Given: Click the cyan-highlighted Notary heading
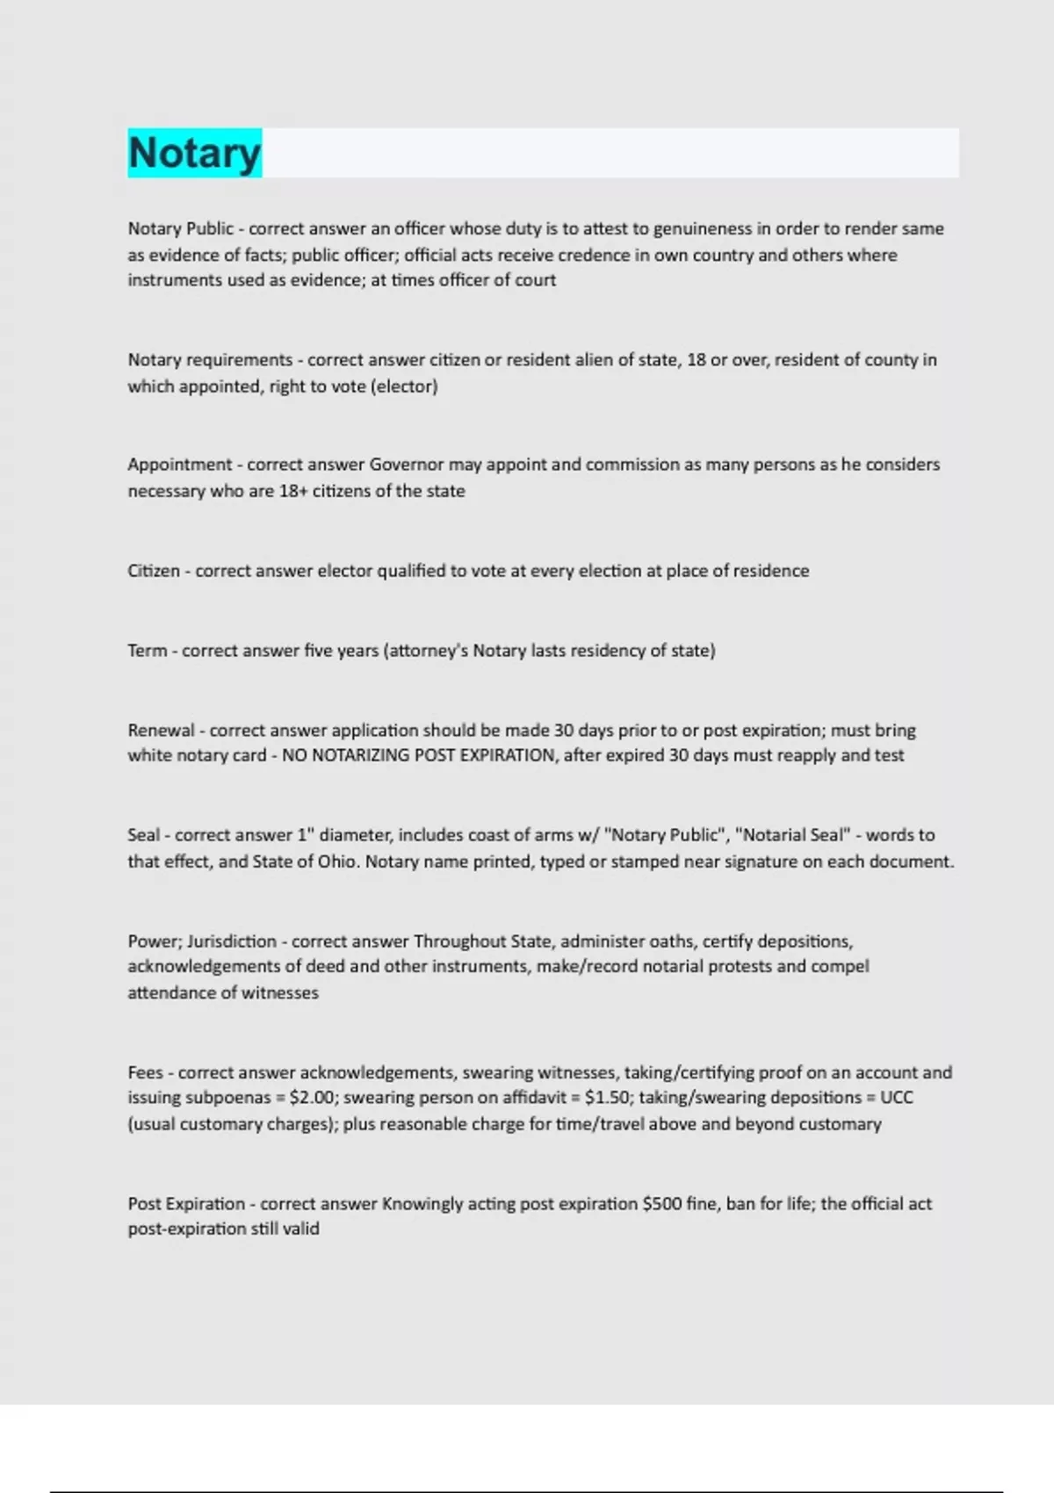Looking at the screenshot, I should (x=194, y=153).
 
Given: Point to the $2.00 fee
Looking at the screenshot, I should (x=312, y=1098).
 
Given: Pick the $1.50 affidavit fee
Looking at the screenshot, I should (x=607, y=1098).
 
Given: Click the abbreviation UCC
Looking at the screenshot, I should (x=896, y=1098).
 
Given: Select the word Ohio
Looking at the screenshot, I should (x=337, y=862).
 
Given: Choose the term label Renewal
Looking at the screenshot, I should (x=161, y=731).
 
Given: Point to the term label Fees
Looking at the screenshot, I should (x=145, y=1072).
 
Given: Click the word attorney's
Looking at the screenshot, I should (x=428, y=651).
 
